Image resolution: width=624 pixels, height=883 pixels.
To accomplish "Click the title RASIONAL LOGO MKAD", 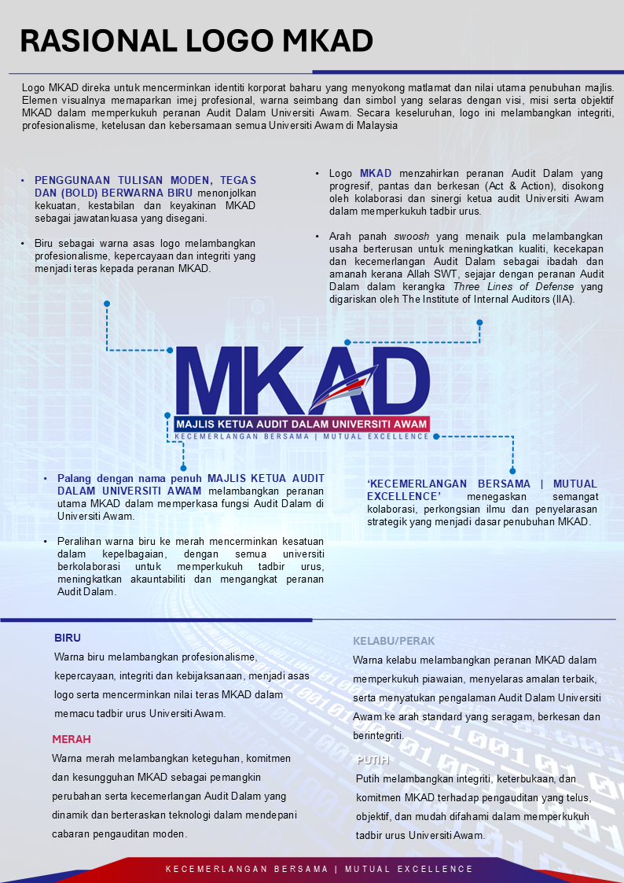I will [196, 40].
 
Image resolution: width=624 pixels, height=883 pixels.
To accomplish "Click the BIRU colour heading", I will [68, 638].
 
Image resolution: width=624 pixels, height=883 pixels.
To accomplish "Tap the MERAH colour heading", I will [72, 739].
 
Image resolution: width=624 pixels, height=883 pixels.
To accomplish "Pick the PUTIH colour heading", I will [373, 760].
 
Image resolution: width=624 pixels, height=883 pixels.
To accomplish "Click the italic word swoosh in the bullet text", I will [412, 237].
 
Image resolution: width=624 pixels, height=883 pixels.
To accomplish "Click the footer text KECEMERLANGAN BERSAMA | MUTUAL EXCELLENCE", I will [319, 869].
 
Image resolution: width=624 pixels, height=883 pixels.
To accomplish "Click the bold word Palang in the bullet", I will [73, 479].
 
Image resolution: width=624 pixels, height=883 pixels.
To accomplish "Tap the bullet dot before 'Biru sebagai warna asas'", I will [24, 244].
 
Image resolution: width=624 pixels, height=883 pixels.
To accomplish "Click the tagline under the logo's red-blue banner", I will [302, 436].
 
